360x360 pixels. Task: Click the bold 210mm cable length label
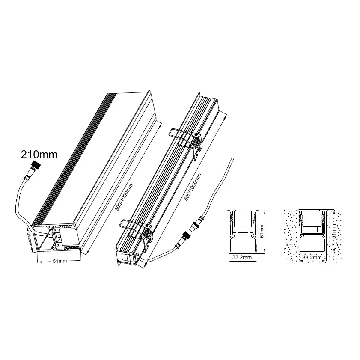[39, 155]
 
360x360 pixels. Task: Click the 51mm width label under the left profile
[60, 261]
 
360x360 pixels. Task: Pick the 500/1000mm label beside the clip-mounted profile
[193, 187]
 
